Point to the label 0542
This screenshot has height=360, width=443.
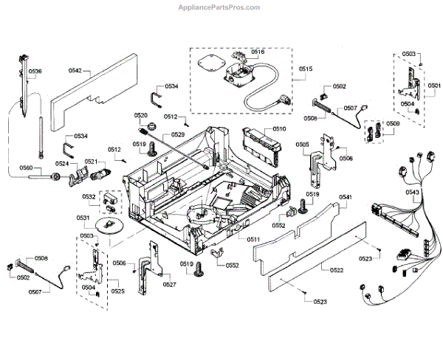(x=75, y=72)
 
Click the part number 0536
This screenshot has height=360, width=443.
(x=35, y=72)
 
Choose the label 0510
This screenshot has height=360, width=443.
(x=278, y=129)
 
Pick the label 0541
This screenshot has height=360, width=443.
(x=346, y=197)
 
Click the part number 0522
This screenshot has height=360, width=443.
(x=336, y=271)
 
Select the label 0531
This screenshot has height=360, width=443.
(x=83, y=218)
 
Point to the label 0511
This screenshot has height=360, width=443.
(x=253, y=240)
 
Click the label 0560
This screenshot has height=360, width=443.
(x=27, y=168)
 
